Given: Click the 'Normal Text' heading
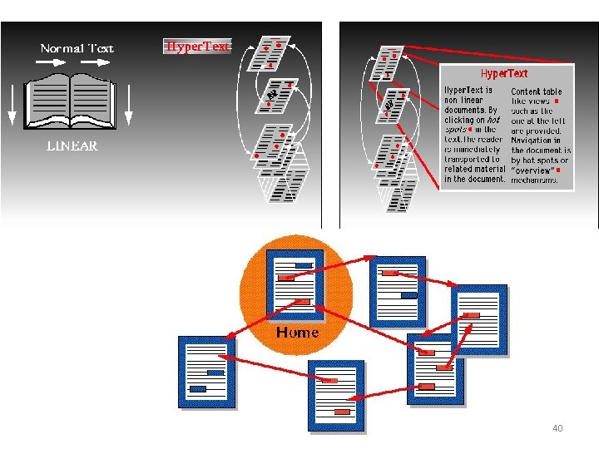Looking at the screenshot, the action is coord(77,48).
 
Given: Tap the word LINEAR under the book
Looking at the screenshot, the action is coord(72,146).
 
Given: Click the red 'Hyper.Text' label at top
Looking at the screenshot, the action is coord(197,47).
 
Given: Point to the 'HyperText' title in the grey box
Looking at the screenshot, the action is coord(504,74).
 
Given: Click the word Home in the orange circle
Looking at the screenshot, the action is coord(297,333).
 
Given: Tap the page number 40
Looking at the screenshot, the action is coord(557,428).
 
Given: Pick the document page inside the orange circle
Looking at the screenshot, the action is coord(295,284).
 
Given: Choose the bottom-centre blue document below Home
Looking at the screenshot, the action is coord(336,396).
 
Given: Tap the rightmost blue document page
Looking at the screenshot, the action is coord(478,320).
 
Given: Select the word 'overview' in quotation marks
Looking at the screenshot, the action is coord(532,170).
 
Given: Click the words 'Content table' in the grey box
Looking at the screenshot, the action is coord(536,91).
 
